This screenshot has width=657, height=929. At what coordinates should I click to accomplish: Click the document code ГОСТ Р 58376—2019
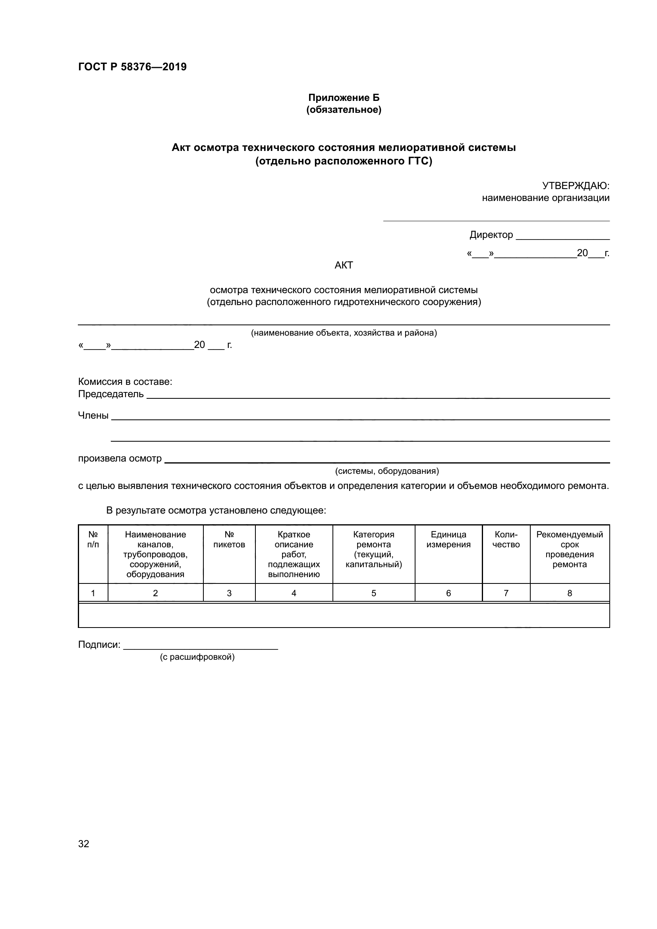pos(132,67)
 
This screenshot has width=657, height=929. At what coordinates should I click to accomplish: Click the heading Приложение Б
pos(344,98)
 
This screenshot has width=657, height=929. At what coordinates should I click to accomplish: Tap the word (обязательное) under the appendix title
pos(344,110)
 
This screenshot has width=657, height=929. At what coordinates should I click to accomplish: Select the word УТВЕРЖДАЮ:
pos(575,186)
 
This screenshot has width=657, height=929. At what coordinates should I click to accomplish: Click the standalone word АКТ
pos(344,265)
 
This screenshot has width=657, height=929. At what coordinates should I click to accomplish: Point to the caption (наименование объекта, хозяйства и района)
pos(344,333)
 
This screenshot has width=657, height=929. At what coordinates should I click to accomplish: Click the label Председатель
pos(110,394)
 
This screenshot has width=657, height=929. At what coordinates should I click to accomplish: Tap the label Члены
pos(93,415)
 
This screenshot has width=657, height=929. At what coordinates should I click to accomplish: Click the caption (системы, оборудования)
pos(387,471)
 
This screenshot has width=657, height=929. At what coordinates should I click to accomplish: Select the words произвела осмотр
pos(120,458)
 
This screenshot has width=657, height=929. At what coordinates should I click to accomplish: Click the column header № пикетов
pos(229,539)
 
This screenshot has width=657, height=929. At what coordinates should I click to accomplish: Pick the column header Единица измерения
pos(448,539)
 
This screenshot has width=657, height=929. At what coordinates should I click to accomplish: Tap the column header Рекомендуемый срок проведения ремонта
pos(570,549)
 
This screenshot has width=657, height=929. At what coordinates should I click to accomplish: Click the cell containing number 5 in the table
pos(373,593)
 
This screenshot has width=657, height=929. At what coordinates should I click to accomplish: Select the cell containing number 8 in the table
pos(570,593)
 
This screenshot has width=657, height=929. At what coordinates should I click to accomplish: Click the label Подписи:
pos(99,645)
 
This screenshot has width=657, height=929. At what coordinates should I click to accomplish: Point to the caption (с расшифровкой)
pos(197,657)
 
